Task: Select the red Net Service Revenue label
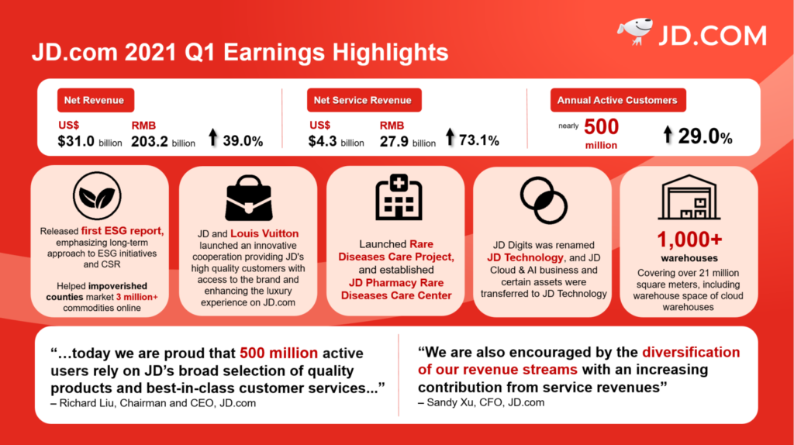(363, 100)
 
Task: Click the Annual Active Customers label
(617, 100)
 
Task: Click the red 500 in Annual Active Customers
(601, 127)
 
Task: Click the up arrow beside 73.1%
(450, 139)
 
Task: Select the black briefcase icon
(248, 198)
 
